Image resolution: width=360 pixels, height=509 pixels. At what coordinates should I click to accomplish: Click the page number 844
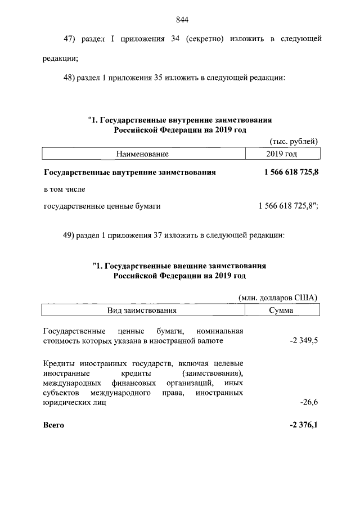[181, 20]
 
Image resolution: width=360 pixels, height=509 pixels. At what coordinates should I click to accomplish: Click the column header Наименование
[143, 153]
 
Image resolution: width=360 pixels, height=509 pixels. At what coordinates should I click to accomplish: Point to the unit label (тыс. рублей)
[294, 141]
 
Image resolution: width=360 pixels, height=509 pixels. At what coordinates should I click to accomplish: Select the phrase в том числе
[64, 190]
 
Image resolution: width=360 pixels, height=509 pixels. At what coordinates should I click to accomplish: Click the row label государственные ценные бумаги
[102, 206]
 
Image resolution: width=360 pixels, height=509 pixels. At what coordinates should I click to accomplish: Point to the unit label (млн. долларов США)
[279, 298]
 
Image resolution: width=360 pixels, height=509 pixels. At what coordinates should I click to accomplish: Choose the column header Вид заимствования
[143, 310]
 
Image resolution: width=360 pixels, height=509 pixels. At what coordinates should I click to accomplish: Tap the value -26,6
[309, 403]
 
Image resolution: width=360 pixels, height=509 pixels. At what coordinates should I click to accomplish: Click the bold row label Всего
[53, 425]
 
